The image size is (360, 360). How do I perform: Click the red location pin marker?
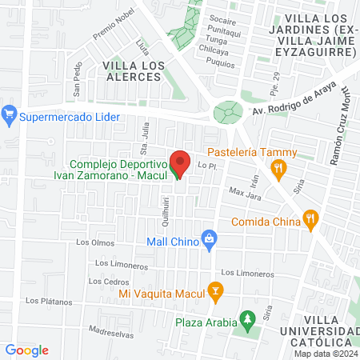tap(180, 162)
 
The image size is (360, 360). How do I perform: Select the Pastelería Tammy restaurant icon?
tap(278, 168)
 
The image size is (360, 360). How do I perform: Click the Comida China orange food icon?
tap(311, 216)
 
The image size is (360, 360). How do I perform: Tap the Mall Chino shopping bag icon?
tap(210, 238)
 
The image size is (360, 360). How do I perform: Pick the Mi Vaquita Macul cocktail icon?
tap(214, 290)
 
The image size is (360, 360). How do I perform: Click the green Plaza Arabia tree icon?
tap(248, 319)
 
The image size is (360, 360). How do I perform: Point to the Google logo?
tap(27, 350)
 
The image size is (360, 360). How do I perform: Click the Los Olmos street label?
tap(90, 242)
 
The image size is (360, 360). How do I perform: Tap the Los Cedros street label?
tap(107, 281)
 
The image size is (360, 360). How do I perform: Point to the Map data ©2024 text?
tap(325, 354)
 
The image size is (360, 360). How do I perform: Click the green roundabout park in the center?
tap(228, 111)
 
